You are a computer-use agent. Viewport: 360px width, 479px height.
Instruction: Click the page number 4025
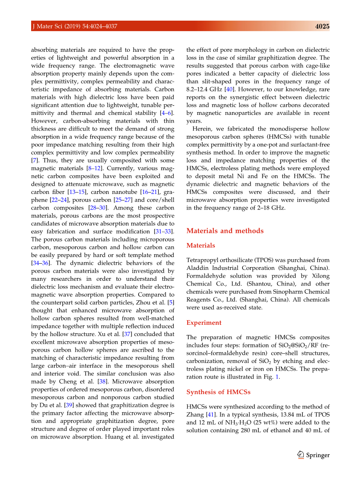coord(322,26)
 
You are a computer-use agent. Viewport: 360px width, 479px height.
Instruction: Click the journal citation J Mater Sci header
coord(74,26)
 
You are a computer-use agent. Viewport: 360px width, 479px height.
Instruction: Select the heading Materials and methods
coord(225,231)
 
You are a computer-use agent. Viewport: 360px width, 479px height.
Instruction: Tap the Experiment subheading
coord(204,323)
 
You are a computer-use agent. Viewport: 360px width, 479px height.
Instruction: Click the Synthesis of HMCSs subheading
coord(218,392)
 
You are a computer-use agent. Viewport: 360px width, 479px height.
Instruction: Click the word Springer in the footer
coord(318,455)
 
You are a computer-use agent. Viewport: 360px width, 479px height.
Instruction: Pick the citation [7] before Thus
coord(34,160)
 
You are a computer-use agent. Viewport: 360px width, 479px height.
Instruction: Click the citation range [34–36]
coord(40,263)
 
